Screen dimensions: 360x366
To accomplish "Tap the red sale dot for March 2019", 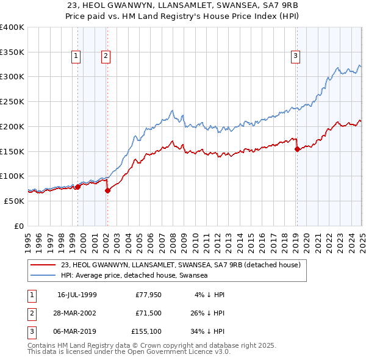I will [x=297, y=149].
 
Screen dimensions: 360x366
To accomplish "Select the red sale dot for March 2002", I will [x=107, y=190].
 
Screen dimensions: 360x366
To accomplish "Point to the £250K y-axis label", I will [x=12, y=101].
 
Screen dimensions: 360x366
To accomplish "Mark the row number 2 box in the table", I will [x=30, y=314].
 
